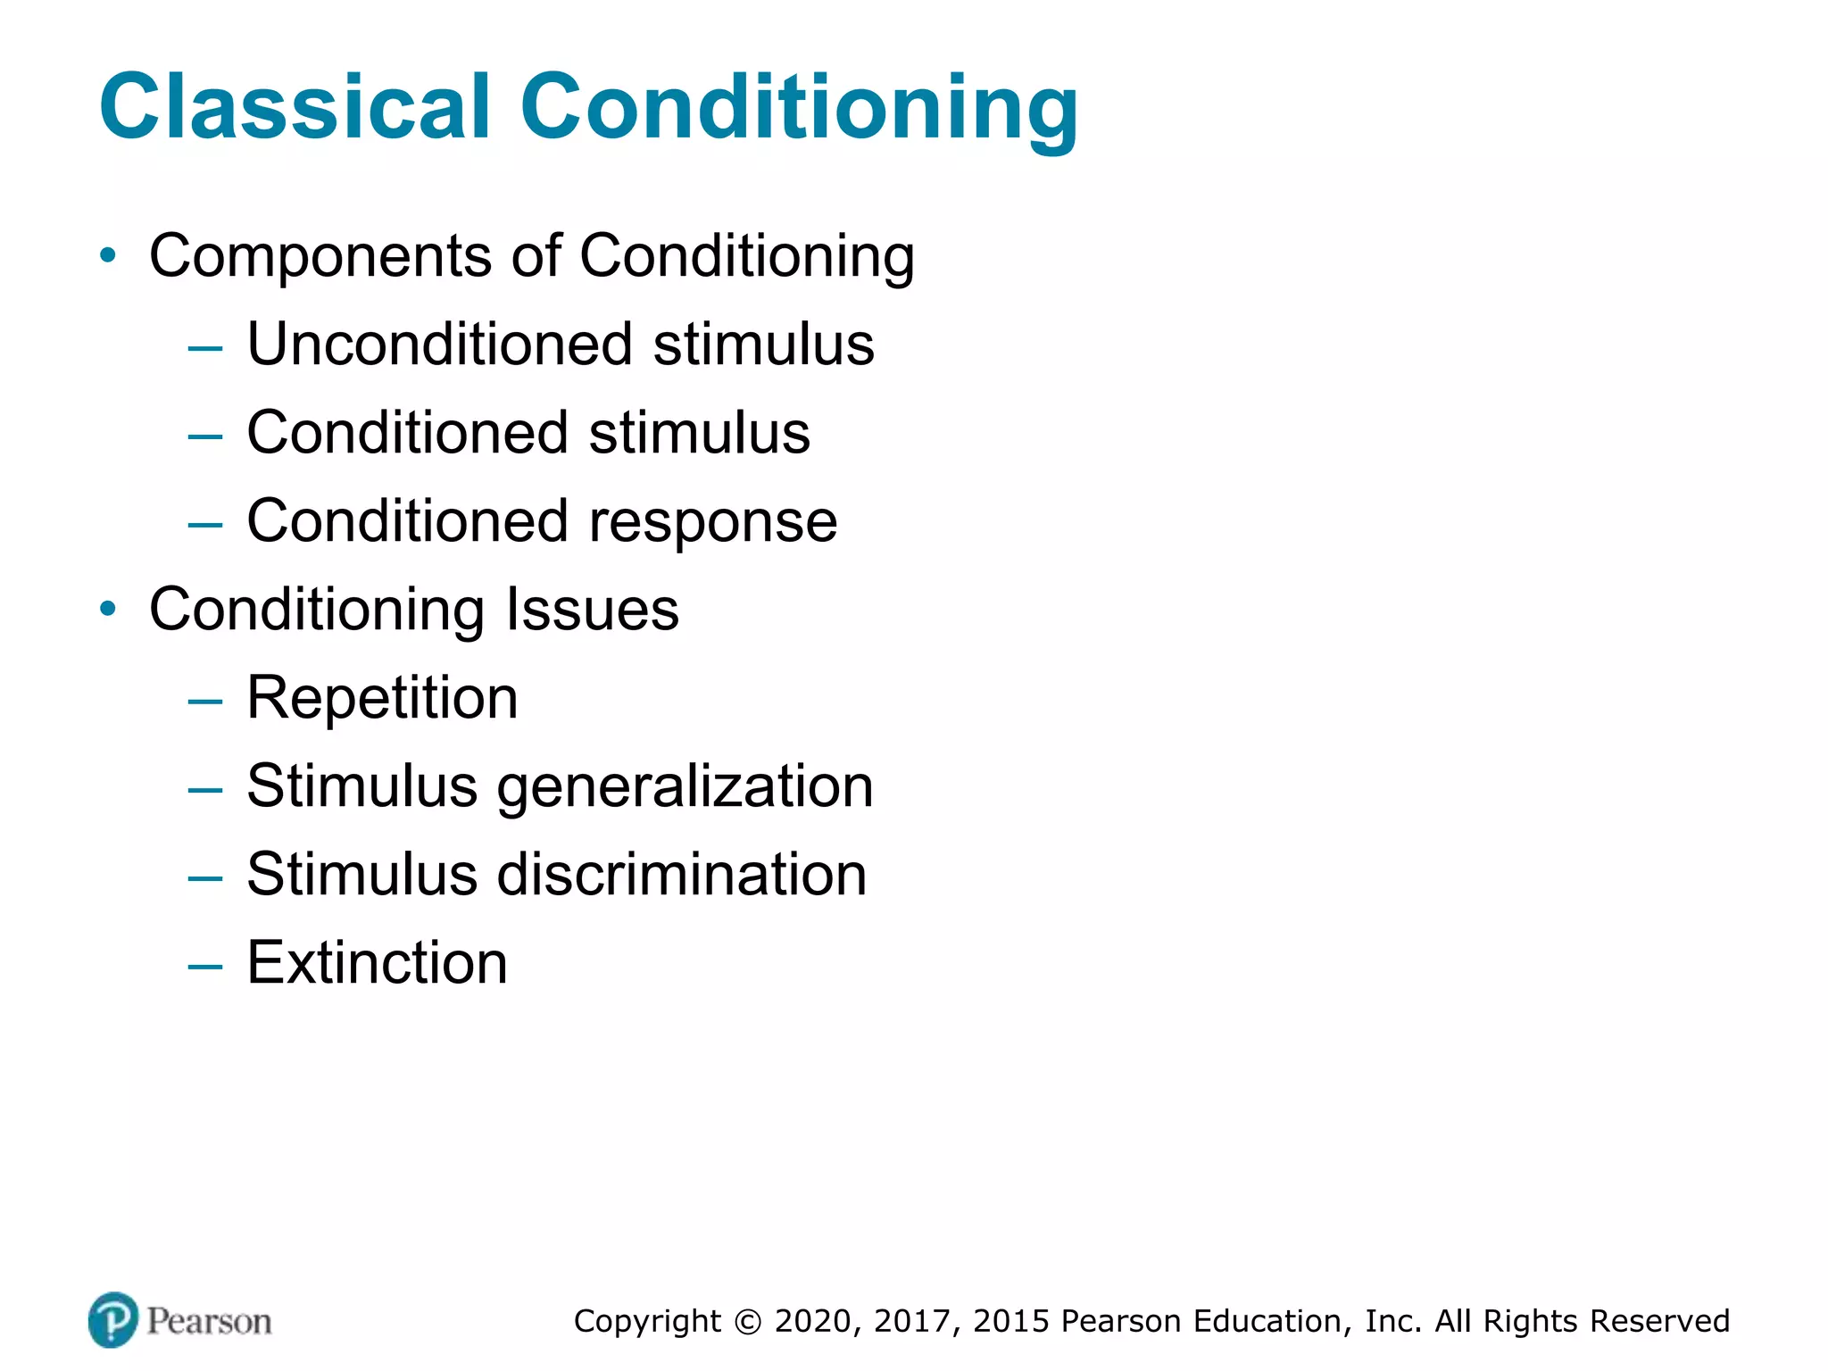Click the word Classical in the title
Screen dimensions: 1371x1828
tap(295, 107)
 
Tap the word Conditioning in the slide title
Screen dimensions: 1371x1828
tap(799, 109)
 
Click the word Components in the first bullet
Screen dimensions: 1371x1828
tap(320, 257)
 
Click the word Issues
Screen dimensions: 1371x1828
tap(593, 610)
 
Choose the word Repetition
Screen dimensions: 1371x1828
tap(382, 698)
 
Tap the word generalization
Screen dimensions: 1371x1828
tap(685, 787)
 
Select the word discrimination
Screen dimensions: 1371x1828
tap(681, 875)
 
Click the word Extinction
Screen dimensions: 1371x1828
tap(377, 963)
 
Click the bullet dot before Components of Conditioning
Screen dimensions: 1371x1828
tap(108, 256)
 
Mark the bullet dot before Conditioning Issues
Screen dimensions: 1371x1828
tap(108, 610)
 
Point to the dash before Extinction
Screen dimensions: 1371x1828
tap(205, 966)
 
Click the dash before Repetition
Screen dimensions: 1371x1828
tap(205, 701)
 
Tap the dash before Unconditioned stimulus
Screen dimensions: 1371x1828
tap(205, 347)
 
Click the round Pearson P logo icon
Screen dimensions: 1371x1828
tap(113, 1320)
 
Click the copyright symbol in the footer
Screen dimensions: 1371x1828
tap(748, 1322)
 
